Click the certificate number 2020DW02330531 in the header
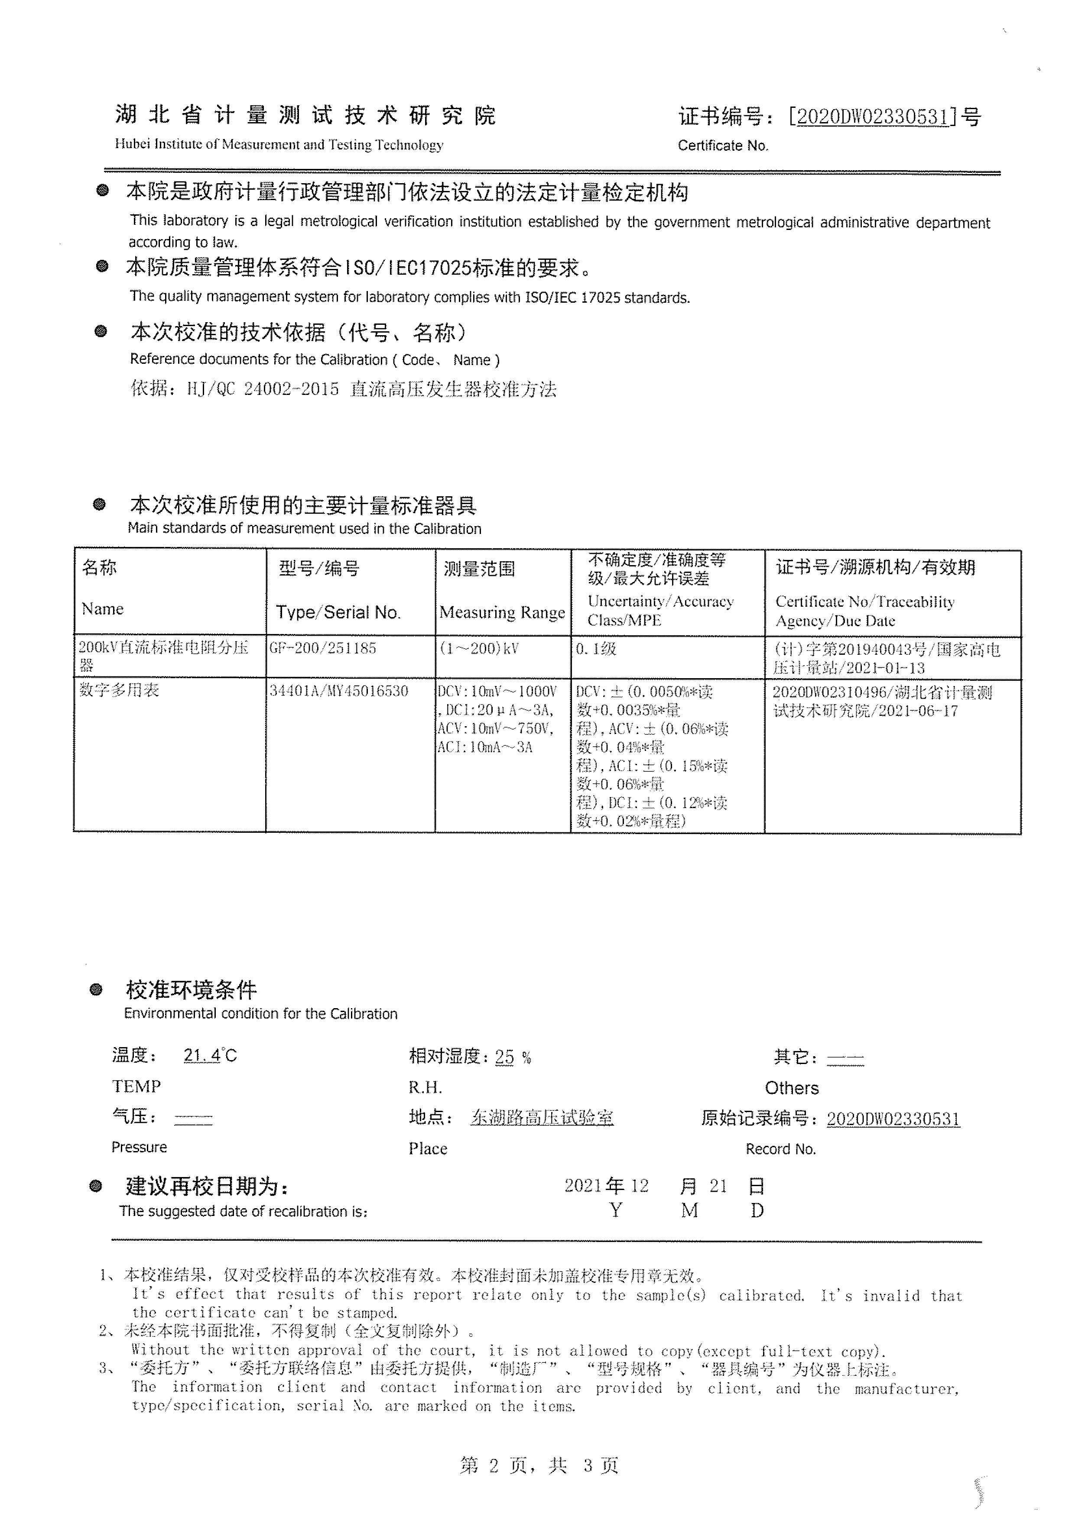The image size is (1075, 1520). click(873, 117)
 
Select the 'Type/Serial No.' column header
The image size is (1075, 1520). click(338, 612)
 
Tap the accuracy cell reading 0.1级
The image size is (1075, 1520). click(596, 649)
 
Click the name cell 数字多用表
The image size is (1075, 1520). click(119, 690)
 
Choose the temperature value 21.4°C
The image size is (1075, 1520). click(210, 1055)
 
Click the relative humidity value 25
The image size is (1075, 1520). click(504, 1057)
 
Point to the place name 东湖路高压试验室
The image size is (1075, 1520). click(542, 1118)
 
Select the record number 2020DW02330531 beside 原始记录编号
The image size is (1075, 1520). click(893, 1119)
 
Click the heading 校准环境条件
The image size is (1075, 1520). click(191, 990)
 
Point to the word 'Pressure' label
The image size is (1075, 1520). click(139, 1147)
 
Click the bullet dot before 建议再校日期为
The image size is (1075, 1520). click(96, 1186)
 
